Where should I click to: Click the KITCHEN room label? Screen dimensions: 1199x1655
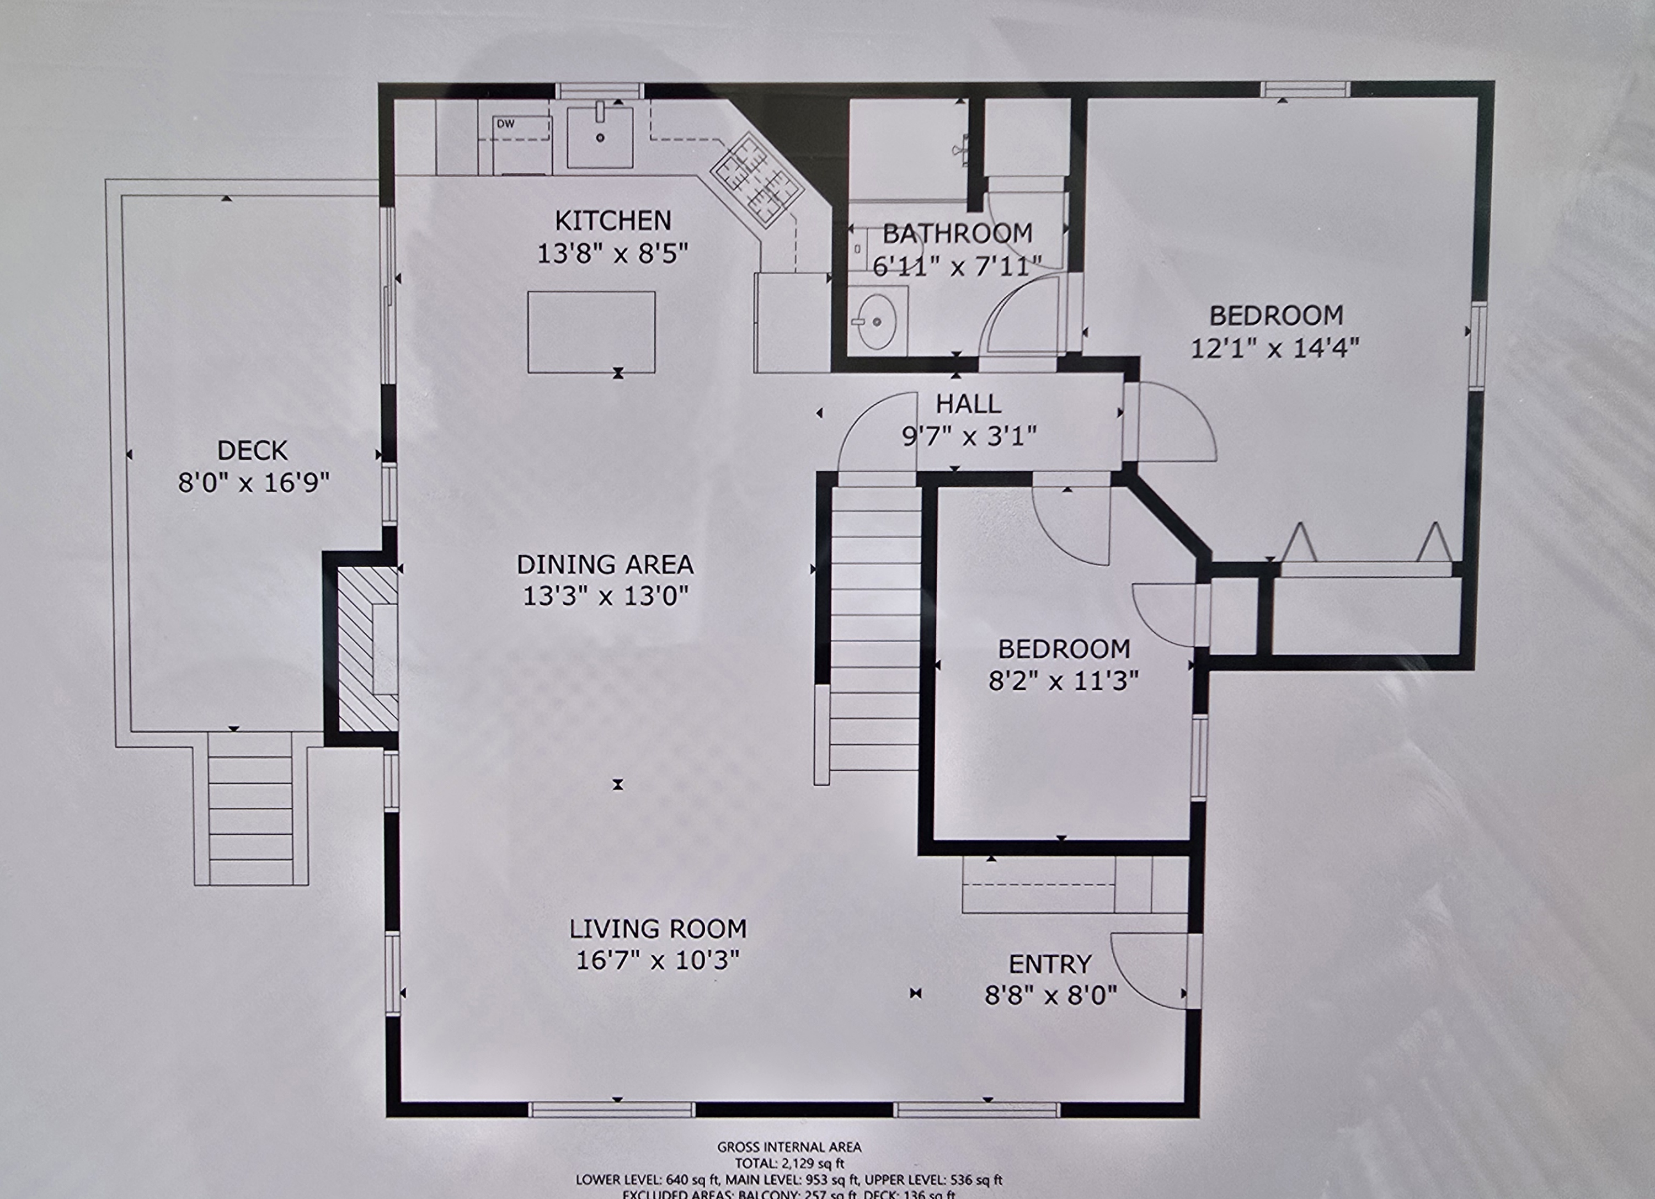click(x=612, y=220)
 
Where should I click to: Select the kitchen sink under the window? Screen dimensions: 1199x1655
click(x=600, y=137)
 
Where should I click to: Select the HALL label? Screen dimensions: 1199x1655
click(x=968, y=403)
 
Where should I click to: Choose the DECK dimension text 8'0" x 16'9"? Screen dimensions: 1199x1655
click(x=253, y=482)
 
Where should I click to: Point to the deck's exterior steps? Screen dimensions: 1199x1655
click(x=250, y=809)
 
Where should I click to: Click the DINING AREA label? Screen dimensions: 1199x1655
click(x=605, y=564)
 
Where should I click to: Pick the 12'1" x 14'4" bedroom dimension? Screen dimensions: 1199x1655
click(x=1275, y=348)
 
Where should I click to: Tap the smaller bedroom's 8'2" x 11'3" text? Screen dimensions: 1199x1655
click(x=1063, y=681)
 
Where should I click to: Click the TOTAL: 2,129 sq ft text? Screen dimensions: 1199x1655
click(x=789, y=1163)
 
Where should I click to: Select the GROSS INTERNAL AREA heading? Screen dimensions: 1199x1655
click(x=789, y=1147)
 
